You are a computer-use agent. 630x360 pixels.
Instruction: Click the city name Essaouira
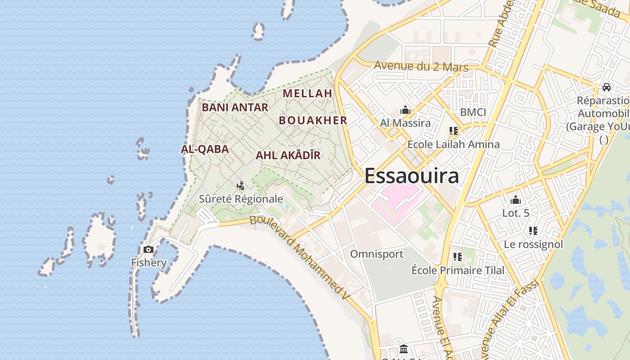411,175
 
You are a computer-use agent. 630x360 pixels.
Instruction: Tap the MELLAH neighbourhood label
307,94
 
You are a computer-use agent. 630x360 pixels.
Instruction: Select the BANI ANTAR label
235,108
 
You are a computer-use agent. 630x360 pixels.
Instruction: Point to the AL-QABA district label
205,149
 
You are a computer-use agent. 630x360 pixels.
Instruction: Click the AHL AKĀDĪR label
288,156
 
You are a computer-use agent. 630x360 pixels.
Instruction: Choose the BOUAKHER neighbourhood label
313,121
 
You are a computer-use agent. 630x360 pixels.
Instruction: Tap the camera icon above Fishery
148,249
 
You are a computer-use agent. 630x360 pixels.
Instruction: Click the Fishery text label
148,263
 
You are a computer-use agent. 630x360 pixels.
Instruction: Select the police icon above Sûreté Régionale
241,185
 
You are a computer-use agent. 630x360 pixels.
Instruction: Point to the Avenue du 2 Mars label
421,67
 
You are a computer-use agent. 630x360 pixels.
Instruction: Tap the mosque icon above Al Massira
405,110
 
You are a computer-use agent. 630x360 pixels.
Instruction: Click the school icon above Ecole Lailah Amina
453,131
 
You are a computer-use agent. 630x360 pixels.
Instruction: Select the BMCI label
473,112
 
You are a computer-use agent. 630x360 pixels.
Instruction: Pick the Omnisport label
377,254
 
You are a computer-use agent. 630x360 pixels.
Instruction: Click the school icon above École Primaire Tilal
458,257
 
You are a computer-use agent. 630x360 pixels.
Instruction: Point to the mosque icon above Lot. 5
516,200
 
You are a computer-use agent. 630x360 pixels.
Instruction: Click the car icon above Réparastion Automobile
606,87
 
